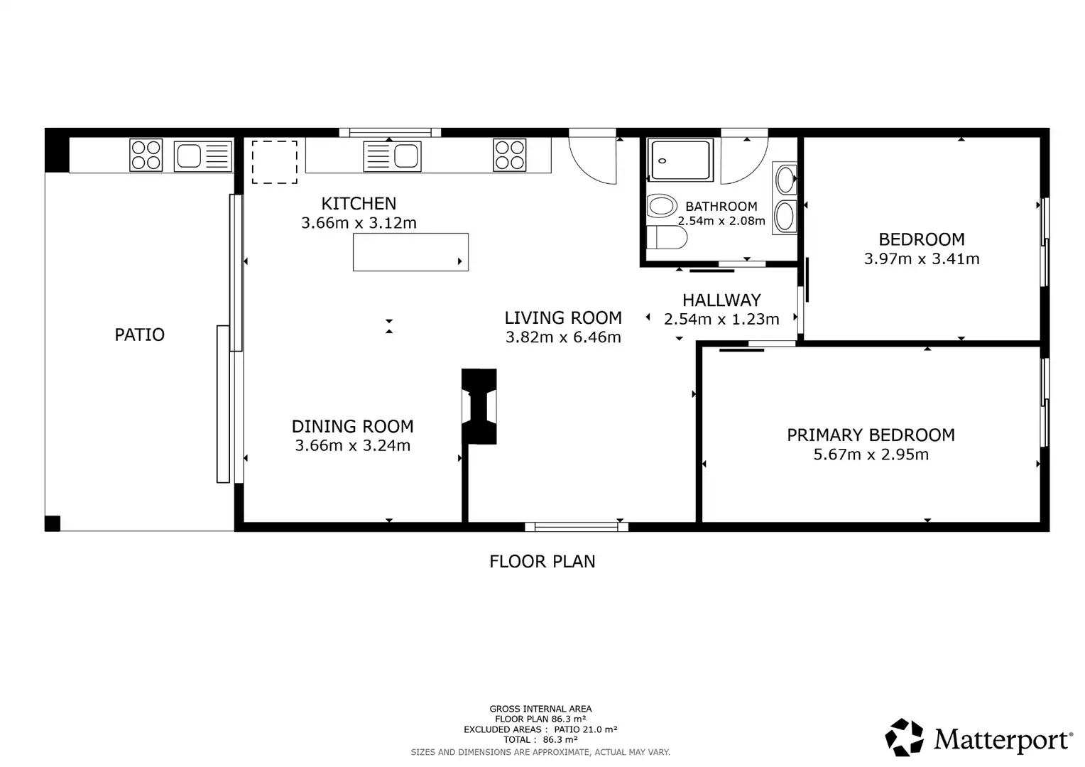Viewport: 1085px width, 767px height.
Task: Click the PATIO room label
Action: [x=139, y=334]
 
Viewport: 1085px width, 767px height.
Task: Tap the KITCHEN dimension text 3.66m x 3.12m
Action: [x=359, y=223]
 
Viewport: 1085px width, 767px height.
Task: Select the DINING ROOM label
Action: [x=352, y=426]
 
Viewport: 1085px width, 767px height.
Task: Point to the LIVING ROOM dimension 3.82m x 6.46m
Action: [x=563, y=337]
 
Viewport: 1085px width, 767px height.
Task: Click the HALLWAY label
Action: [x=721, y=300]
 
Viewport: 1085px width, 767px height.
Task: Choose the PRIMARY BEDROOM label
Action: [x=871, y=435]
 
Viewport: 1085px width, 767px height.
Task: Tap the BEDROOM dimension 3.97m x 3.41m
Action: [x=921, y=259]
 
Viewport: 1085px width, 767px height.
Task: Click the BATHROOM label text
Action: [x=721, y=207]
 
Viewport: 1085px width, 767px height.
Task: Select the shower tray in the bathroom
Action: [x=680, y=160]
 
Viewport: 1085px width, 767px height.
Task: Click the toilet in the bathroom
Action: [x=667, y=237]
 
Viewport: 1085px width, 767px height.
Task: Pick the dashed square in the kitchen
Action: [x=274, y=162]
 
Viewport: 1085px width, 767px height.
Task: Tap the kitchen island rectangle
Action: [x=410, y=252]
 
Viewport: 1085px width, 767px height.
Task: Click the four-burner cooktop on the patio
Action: [x=146, y=155]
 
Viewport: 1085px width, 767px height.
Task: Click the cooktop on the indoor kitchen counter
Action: [x=510, y=155]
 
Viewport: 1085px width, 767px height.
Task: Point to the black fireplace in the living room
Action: [x=479, y=406]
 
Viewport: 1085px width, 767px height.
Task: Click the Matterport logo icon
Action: [x=904, y=737]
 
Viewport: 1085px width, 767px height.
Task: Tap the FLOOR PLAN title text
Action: [x=542, y=562]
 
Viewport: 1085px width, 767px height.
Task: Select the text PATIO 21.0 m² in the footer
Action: [x=586, y=729]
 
